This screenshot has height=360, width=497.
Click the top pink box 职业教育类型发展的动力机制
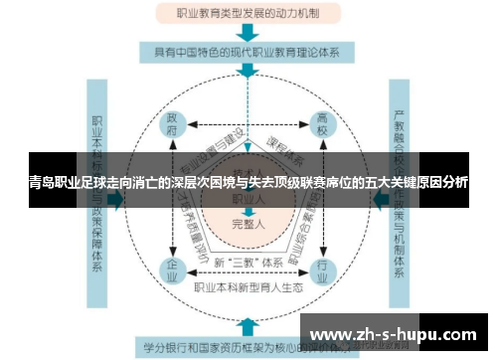[x=248, y=14]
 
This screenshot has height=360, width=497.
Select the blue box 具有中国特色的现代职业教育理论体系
[x=248, y=51]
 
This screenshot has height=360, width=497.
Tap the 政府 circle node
[x=172, y=123]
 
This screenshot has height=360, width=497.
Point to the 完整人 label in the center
[x=248, y=225]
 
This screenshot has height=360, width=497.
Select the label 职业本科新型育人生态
[x=248, y=289]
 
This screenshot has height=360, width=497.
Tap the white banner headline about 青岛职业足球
[x=248, y=184]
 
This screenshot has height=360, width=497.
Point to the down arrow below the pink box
[x=248, y=32]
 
